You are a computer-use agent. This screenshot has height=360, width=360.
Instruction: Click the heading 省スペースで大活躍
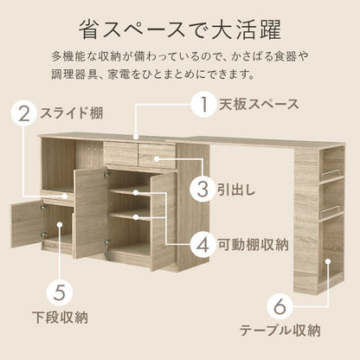[x=179, y=29]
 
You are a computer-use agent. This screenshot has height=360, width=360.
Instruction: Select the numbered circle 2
[x=23, y=113]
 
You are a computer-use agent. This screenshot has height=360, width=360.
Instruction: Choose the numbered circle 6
[x=279, y=305]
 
